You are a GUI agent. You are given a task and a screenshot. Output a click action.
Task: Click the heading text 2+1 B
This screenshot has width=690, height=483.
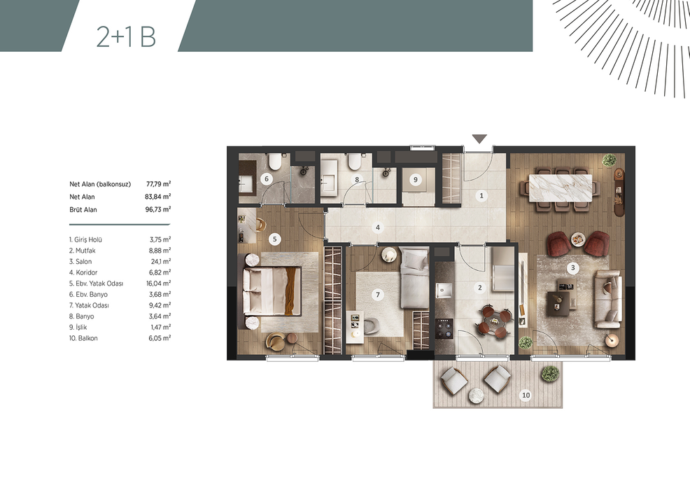(x=126, y=36)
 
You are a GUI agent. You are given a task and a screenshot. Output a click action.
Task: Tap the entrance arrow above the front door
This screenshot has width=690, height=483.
(x=479, y=139)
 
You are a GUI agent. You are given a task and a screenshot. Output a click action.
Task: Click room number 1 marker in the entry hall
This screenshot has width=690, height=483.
(x=481, y=195)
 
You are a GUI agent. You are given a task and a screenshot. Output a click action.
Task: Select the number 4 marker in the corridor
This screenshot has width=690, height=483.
(x=378, y=227)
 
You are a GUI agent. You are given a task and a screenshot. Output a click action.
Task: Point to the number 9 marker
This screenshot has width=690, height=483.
(x=416, y=179)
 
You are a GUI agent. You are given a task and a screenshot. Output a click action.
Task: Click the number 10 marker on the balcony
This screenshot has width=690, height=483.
(x=526, y=395)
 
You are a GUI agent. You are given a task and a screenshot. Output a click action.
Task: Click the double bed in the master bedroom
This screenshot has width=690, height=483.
(x=272, y=291)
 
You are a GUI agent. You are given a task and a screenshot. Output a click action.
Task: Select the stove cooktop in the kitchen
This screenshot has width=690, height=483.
(x=444, y=328)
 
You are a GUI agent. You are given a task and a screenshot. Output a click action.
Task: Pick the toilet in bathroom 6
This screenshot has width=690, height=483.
(x=276, y=162)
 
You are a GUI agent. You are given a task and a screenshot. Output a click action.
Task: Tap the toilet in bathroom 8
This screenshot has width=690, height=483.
(x=354, y=162)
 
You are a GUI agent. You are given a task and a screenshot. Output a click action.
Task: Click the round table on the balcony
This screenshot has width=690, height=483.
(x=476, y=395)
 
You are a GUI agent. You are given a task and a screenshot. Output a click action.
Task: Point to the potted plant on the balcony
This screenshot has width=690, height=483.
(x=550, y=373)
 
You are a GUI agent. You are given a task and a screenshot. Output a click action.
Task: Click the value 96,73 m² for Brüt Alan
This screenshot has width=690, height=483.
(x=158, y=209)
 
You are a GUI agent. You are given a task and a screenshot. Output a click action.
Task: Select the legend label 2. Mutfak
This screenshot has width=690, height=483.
(x=83, y=251)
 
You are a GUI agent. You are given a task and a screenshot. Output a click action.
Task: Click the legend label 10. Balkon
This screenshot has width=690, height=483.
(x=83, y=338)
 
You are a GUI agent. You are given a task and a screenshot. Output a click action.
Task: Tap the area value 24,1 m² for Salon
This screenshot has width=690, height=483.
(x=161, y=262)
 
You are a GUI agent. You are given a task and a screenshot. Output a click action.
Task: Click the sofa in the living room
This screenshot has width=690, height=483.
(x=608, y=300)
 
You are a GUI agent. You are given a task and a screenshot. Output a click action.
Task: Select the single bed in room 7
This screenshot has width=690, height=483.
(x=414, y=279)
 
